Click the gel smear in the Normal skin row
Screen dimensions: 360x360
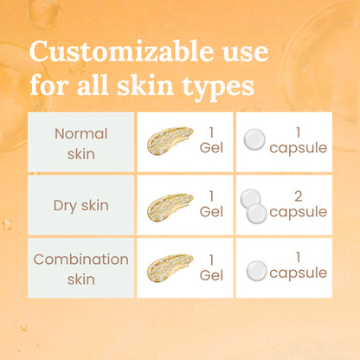[x=170, y=141]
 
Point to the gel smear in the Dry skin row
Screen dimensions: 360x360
[x=170, y=204]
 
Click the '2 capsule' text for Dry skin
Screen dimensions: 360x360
[x=298, y=204]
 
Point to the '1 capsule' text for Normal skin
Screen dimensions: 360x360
[x=298, y=141]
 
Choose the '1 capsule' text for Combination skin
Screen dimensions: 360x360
[x=298, y=267]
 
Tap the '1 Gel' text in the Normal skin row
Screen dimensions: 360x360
[x=211, y=141]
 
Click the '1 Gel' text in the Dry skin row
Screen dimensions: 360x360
[x=211, y=204]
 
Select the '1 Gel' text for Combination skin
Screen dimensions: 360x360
[x=211, y=267]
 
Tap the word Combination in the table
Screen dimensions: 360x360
[x=81, y=259]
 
